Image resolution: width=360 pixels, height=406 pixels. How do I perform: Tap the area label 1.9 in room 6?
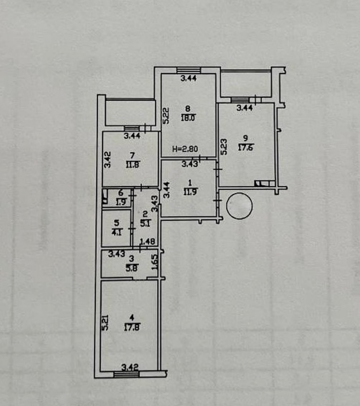[x=121, y=202]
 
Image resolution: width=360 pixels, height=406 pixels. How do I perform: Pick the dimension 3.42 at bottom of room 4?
[x=130, y=367]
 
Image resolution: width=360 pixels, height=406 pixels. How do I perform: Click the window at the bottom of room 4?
[x=126, y=374]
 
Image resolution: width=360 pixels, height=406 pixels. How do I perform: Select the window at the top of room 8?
[x=188, y=70]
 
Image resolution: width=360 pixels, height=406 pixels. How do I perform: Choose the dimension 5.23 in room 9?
[x=224, y=146]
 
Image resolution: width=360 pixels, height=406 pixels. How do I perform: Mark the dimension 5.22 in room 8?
[x=166, y=115]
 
